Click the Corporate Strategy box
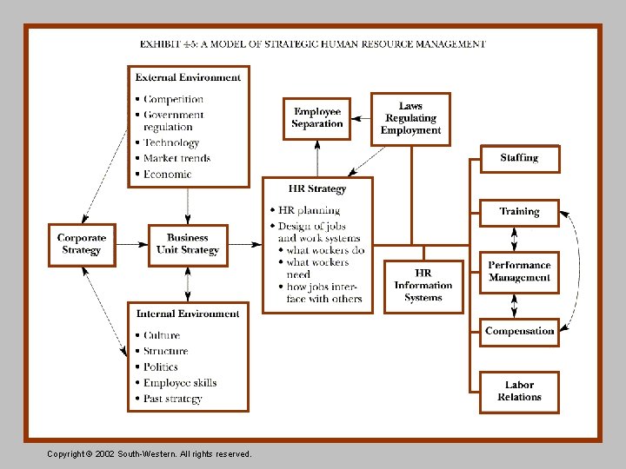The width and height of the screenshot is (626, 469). pyautogui.click(x=82, y=244)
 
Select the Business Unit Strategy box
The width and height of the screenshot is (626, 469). pyautogui.click(x=188, y=244)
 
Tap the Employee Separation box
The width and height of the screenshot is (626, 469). pyautogui.click(x=317, y=118)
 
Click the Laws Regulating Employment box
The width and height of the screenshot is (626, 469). pyautogui.click(x=410, y=118)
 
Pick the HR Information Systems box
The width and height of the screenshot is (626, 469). pyautogui.click(x=423, y=286)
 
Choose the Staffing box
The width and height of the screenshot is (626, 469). pyautogui.click(x=519, y=158)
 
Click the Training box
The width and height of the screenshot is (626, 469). pyautogui.click(x=519, y=212)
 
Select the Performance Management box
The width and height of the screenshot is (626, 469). pyautogui.click(x=519, y=272)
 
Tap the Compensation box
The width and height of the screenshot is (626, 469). pyautogui.click(x=519, y=331)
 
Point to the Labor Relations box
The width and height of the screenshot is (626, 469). pyautogui.click(x=519, y=392)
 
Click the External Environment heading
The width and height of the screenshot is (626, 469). pyautogui.click(x=188, y=77)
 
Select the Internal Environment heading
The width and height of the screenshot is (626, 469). pyautogui.click(x=187, y=314)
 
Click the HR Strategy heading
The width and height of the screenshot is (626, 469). pyautogui.click(x=317, y=188)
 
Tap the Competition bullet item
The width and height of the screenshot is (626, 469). pyautogui.click(x=173, y=100)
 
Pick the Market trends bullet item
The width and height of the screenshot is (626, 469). pyautogui.click(x=176, y=159)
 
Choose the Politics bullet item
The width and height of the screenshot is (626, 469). pyautogui.click(x=161, y=367)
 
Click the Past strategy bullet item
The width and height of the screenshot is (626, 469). pyautogui.click(x=172, y=399)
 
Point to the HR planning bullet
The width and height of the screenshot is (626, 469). pyautogui.click(x=309, y=211)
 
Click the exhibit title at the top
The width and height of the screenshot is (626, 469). pyautogui.click(x=313, y=44)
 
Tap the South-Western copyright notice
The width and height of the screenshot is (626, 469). pyautogui.click(x=150, y=454)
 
